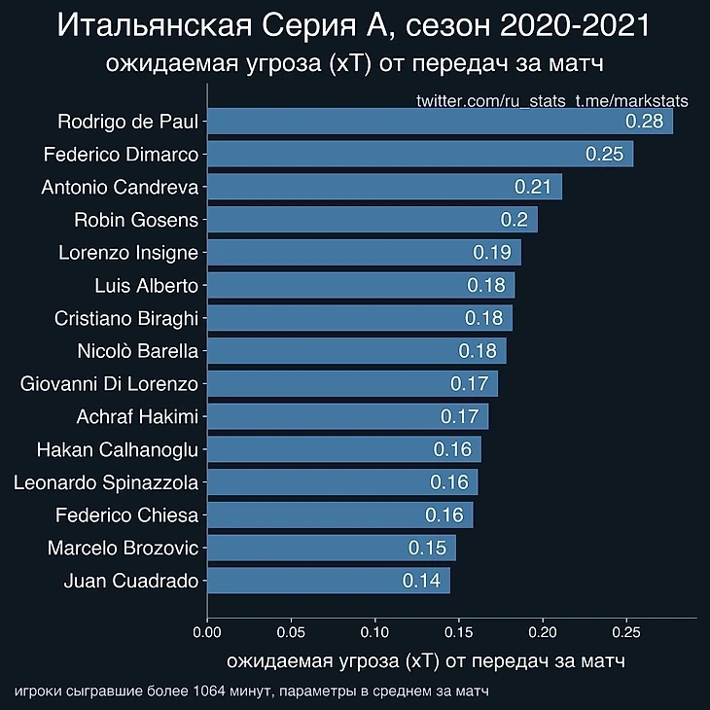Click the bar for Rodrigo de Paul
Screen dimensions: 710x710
(438, 122)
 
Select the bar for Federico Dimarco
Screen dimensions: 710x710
(418, 154)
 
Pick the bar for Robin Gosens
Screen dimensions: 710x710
(370, 220)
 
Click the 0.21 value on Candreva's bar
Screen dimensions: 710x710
(533, 187)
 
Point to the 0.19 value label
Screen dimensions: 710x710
(492, 253)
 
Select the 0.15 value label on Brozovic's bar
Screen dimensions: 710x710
(427, 548)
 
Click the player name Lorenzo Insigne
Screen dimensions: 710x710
(128, 253)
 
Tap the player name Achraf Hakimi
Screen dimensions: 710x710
(137, 417)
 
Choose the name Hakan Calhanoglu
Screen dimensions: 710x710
(117, 449)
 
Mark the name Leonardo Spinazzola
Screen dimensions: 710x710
(106, 482)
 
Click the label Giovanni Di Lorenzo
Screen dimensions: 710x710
(109, 384)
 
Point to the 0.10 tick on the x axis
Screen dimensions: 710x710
(374, 633)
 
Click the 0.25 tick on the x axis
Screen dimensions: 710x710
(626, 633)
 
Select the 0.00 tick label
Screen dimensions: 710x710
(207, 633)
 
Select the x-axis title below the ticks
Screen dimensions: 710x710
(425, 661)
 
